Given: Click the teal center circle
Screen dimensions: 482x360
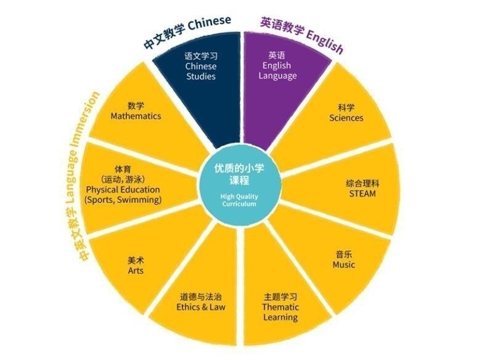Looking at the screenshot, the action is click(239, 186).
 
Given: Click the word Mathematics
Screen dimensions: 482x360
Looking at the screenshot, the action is click(136, 117).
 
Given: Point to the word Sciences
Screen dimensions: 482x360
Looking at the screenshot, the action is click(346, 118).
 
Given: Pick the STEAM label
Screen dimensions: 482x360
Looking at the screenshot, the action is click(362, 194).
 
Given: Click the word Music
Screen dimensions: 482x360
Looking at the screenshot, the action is click(344, 264).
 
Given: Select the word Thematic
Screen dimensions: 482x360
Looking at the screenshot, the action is click(280, 307).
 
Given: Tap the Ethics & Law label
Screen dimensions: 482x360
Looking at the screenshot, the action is click(201, 307).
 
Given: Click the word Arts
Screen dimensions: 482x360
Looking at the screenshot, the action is click(136, 271).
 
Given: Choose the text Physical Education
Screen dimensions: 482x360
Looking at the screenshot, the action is click(123, 189).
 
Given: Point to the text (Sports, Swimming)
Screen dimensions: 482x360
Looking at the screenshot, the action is click(123, 200).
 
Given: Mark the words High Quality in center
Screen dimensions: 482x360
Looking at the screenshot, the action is click(239, 197).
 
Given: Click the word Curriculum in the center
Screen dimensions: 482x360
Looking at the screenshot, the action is click(239, 204).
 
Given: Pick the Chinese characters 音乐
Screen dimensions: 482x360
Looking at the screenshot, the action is click(344, 255).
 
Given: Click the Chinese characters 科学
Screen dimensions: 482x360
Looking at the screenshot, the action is click(346, 108).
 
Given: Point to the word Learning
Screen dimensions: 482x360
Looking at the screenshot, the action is click(280, 317).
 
